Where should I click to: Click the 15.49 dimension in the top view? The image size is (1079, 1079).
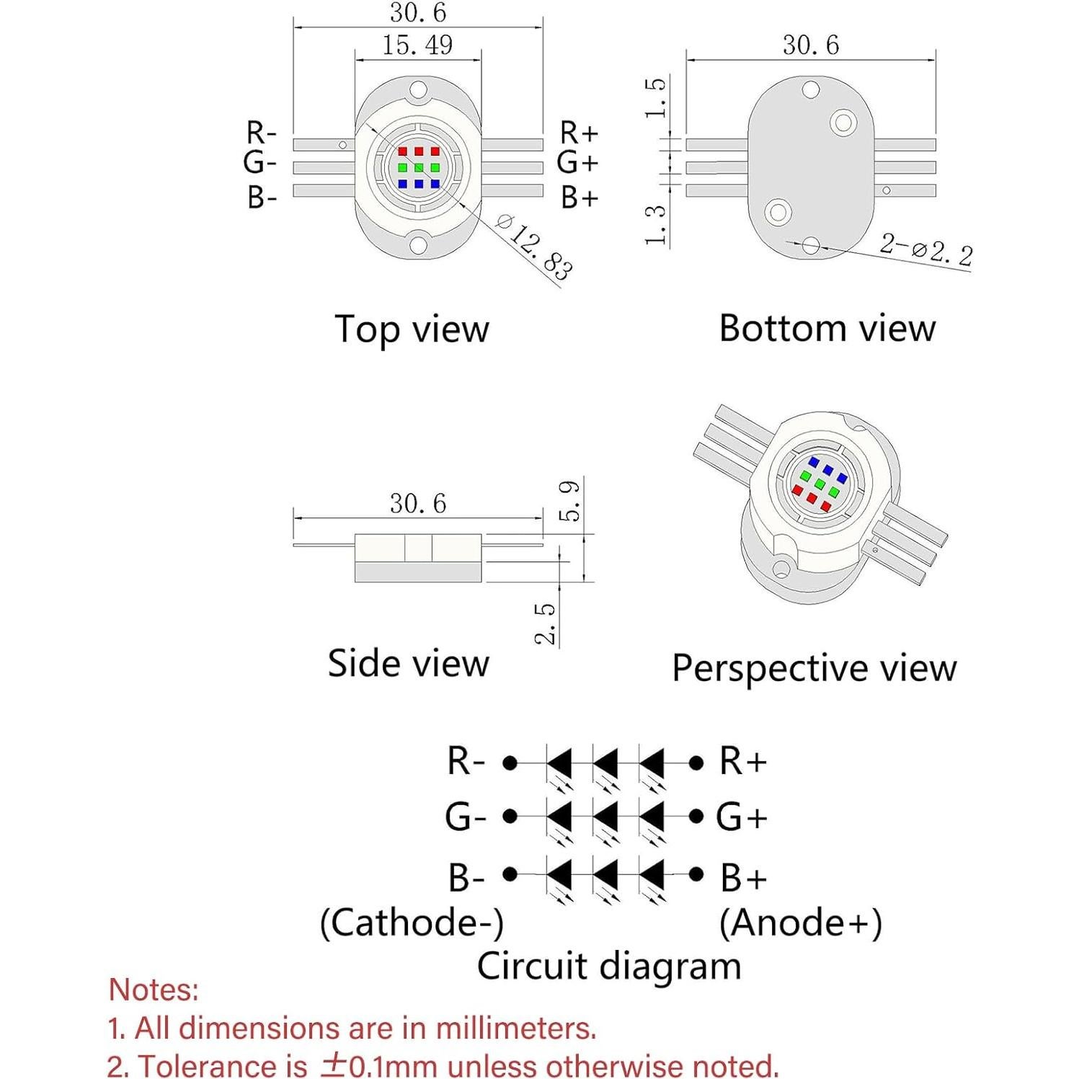[x=417, y=45]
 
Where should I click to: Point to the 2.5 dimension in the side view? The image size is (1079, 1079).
[x=546, y=623]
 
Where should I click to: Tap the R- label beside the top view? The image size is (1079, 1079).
[x=261, y=133]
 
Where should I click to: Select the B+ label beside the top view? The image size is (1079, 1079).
[x=580, y=197]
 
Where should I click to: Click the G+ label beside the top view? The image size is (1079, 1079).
[x=578, y=164]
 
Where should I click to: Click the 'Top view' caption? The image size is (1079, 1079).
[x=412, y=329]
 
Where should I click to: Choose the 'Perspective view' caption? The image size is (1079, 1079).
[x=814, y=668]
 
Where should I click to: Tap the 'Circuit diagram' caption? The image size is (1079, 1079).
[x=608, y=966]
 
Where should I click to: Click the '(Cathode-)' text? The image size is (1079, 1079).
[x=412, y=923]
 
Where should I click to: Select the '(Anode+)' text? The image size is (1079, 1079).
[x=800, y=923]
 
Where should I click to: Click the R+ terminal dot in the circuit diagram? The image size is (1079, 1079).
[x=696, y=762]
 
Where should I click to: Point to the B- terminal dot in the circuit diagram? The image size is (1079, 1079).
[x=510, y=874]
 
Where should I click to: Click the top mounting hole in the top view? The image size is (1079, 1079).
[x=418, y=91]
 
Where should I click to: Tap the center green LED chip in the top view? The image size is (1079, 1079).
[x=419, y=168]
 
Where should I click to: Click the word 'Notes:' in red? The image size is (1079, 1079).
[x=154, y=990]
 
